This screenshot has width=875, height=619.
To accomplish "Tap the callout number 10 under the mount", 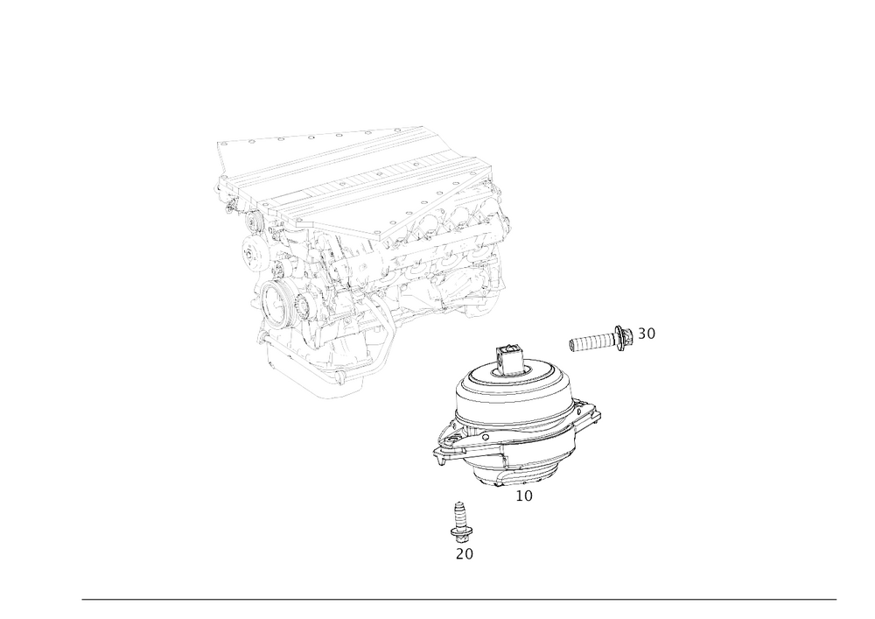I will (524, 496).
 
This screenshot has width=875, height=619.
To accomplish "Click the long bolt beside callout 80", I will (599, 340).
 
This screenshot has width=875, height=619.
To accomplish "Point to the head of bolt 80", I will (623, 337).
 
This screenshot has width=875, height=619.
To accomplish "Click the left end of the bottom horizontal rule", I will (82, 599).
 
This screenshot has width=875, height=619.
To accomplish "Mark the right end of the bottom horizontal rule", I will (836, 599).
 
